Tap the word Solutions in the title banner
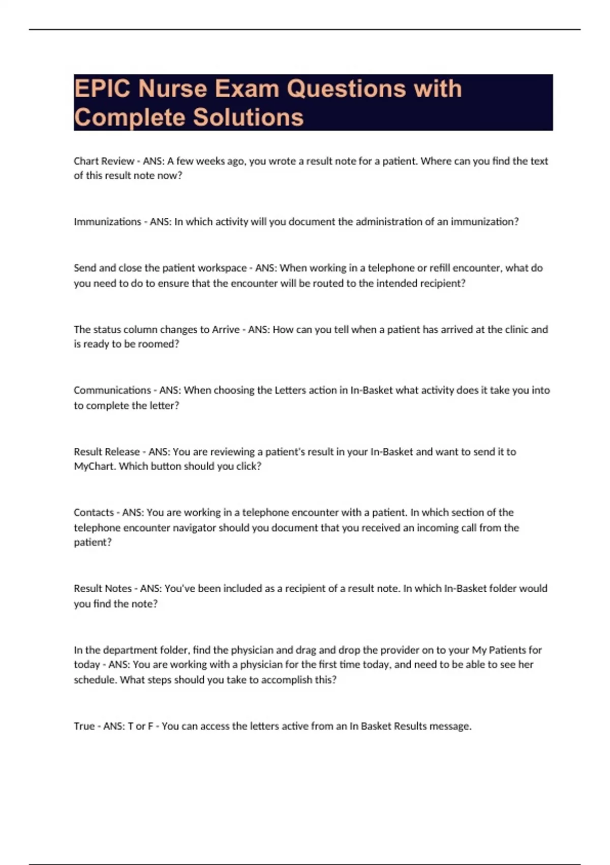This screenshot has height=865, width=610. point(249,118)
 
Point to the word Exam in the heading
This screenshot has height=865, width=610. point(247,89)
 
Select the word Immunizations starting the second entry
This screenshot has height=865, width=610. point(107,222)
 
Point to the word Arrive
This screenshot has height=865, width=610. point(225,330)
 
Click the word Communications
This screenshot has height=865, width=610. point(112,390)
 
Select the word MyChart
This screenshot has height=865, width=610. point(95,467)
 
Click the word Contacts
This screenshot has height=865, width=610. point(94,512)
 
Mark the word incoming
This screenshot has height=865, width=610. point(438,528)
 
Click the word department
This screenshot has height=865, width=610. point(130,650)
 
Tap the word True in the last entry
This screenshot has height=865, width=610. point(84,726)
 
